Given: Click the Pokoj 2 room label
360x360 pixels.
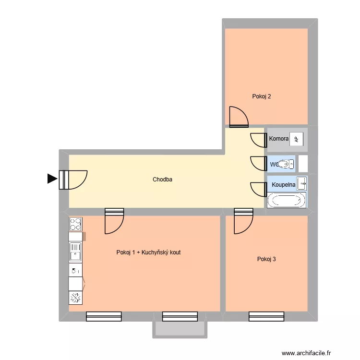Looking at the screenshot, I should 262,96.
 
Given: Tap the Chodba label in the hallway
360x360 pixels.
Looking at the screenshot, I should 162,180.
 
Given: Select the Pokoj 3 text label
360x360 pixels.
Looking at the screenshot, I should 266,259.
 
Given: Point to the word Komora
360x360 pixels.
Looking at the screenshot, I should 278,139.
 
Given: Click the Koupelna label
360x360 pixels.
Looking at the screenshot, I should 283,184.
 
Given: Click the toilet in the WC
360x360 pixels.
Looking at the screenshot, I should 287,164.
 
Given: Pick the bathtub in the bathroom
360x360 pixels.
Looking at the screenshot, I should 287,200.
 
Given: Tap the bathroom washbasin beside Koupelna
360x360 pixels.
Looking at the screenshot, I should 302,183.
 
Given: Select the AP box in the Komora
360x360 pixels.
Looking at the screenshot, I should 296,139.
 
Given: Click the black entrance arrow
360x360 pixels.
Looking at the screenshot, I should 52,179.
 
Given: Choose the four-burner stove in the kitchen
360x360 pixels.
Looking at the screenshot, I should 76,224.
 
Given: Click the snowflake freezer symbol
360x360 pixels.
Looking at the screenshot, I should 76,298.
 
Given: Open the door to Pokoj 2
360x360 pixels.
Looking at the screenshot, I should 239,118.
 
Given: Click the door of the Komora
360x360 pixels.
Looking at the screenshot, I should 259,140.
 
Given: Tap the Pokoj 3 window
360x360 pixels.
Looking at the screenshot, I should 266,316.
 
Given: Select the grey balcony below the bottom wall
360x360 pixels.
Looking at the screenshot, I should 180,329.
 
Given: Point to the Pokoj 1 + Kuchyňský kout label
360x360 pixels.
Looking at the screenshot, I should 148,252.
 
